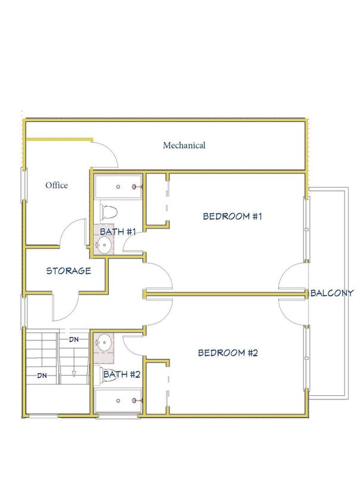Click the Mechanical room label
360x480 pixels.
point(184,145)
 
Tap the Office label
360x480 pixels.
point(57,185)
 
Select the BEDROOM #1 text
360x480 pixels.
point(233,216)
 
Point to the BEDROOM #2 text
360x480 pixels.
point(228,353)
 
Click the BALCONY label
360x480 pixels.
point(333,293)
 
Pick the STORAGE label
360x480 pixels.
point(69,270)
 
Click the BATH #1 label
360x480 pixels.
point(118,232)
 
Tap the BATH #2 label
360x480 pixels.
point(122,375)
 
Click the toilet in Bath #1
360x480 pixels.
point(109,211)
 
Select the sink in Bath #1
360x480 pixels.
point(105,244)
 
